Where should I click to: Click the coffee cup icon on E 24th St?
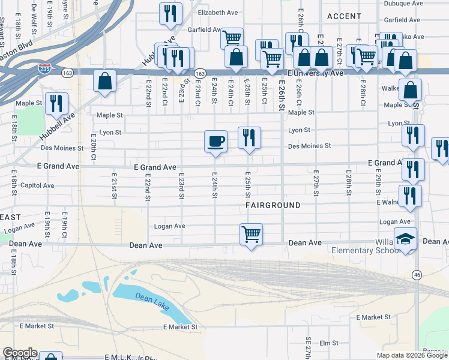(x=215, y=142)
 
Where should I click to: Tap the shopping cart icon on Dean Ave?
(x=251, y=234)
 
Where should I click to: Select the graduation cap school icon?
(x=406, y=239)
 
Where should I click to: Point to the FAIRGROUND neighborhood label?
(x=273, y=205)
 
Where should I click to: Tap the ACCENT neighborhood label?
(x=344, y=16)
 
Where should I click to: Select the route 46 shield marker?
(x=417, y=274)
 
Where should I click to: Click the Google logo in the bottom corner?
(x=20, y=353)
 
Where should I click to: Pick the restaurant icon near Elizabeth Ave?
(x=170, y=13)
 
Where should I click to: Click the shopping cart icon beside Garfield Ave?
(x=232, y=38)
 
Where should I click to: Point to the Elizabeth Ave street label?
(x=218, y=13)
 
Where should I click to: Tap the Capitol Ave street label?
(x=37, y=185)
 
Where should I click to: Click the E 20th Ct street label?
(x=94, y=146)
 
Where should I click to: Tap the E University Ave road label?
(x=315, y=73)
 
